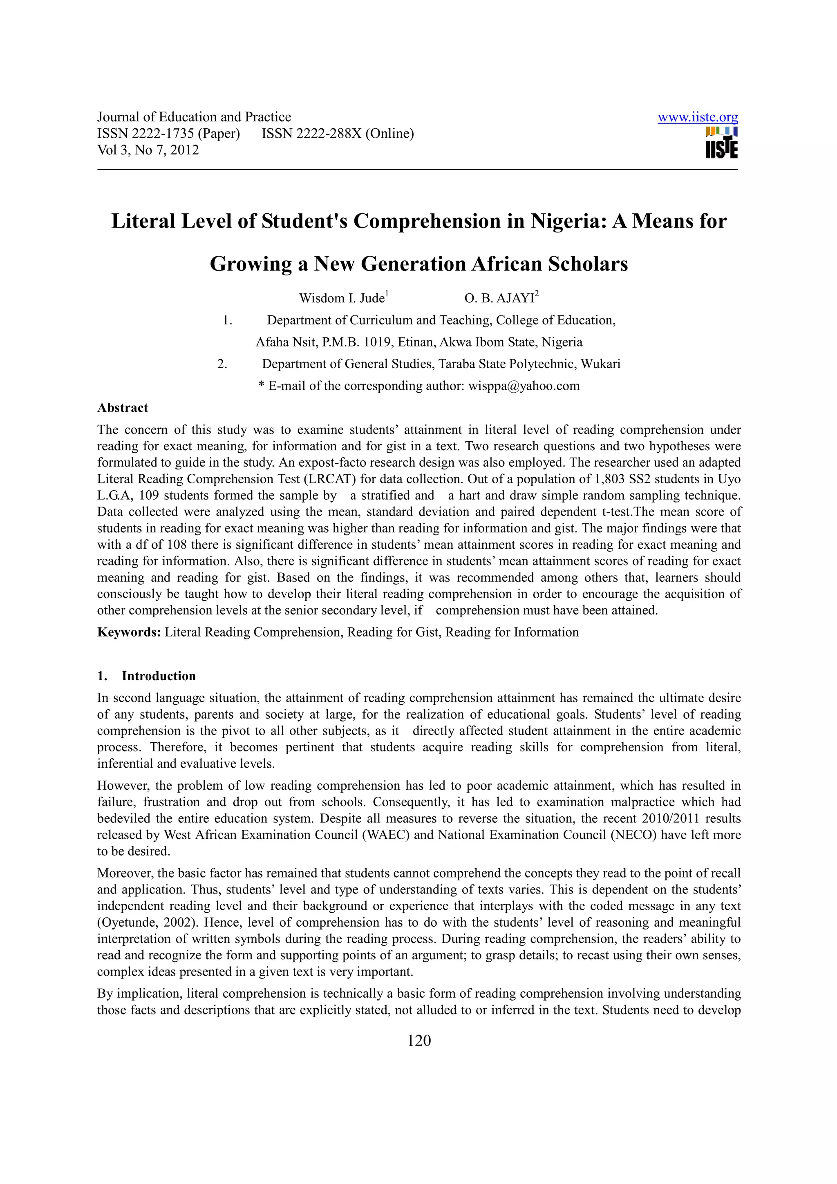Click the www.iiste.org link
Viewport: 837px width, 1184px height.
pyautogui.click(x=697, y=118)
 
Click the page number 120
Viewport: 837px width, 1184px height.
pyautogui.click(x=419, y=1040)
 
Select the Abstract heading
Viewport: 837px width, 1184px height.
pyautogui.click(x=123, y=407)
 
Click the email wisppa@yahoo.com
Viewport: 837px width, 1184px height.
pyautogui.click(x=524, y=386)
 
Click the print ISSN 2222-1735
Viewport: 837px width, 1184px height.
pyautogui.click(x=168, y=134)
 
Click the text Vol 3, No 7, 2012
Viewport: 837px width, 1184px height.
pyautogui.click(x=148, y=150)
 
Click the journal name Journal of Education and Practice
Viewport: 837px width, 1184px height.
pyautogui.click(x=194, y=117)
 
